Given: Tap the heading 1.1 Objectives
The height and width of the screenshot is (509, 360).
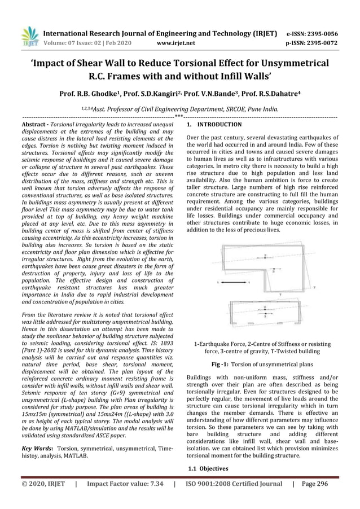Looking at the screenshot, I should (x=208, y=468).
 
